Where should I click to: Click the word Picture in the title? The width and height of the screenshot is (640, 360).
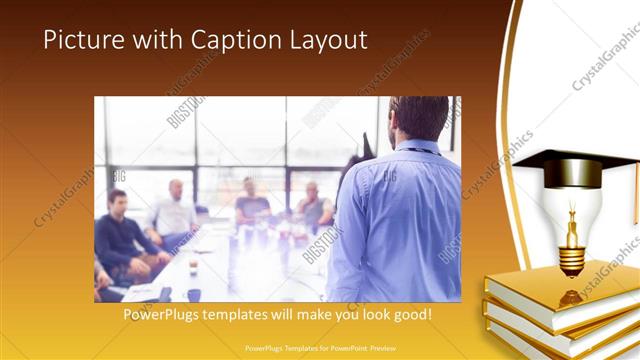coord(83,40)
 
